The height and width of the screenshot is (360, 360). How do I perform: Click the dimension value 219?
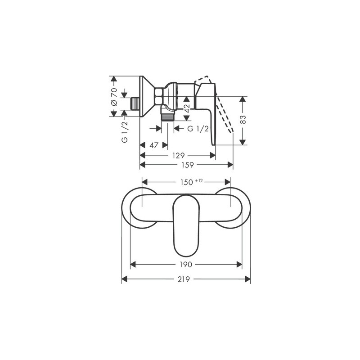pyautogui.click(x=184, y=279)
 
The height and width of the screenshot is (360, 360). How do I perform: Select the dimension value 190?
pyautogui.click(x=185, y=265)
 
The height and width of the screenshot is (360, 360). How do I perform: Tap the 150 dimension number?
pyautogui.click(x=186, y=182)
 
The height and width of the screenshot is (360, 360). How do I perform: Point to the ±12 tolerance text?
pyautogui.click(x=199, y=181)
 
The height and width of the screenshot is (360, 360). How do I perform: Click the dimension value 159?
pyautogui.click(x=187, y=165)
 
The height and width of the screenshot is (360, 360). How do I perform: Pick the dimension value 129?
pyautogui.click(x=178, y=156)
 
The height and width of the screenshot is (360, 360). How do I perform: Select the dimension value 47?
pyautogui.click(x=154, y=145)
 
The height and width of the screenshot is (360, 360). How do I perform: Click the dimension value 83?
pyautogui.click(x=243, y=119)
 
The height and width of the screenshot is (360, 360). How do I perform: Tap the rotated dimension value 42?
pyautogui.click(x=187, y=108)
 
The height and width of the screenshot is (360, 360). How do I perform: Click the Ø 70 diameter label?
pyautogui.click(x=114, y=96)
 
